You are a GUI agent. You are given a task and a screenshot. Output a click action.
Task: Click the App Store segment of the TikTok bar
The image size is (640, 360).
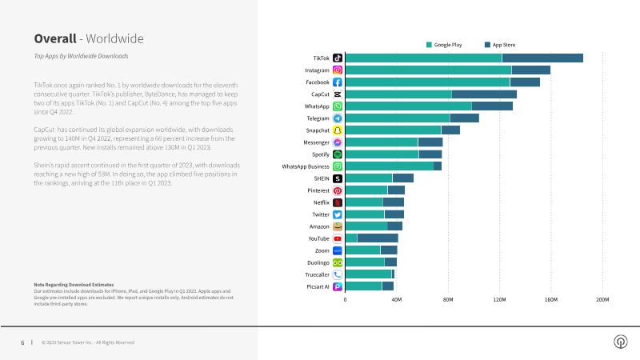point(542,58)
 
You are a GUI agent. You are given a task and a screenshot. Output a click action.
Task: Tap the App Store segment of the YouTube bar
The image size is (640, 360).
point(378,238)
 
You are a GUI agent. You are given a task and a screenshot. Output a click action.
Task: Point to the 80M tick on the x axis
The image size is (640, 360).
point(448,299)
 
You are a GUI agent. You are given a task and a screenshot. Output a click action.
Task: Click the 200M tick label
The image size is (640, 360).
point(602,299)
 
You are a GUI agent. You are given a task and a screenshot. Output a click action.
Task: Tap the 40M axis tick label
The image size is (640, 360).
point(396,299)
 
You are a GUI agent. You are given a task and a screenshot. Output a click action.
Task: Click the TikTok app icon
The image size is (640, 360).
point(338,58)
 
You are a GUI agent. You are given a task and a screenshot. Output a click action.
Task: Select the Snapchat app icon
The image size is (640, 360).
point(338,130)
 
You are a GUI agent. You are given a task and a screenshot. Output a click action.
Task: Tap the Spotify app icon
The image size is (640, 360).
point(338,154)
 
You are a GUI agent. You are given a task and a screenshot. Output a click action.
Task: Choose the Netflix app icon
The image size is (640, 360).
point(338,202)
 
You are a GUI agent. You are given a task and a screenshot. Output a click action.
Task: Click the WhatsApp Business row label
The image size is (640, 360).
point(306,166)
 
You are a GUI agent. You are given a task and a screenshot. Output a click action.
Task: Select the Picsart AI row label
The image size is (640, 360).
point(318,286)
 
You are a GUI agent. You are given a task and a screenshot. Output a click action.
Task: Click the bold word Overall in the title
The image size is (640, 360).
point(54,38)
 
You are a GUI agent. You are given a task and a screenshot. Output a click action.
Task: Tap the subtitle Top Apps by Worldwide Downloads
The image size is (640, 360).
point(81,57)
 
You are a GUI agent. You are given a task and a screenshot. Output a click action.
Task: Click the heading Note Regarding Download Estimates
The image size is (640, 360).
point(74,285)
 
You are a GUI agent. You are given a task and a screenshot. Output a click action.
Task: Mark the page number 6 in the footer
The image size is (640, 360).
point(22,342)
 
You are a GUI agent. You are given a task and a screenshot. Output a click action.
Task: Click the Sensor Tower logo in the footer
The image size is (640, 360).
point(620,342)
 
